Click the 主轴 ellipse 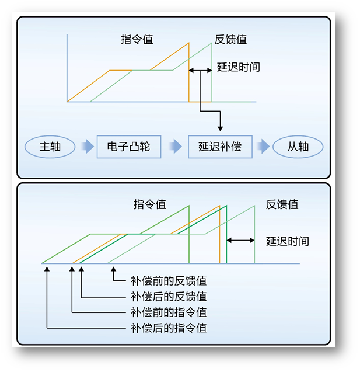[50, 147]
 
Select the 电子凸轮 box [129, 146]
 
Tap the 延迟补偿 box [220, 146]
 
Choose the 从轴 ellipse [298, 147]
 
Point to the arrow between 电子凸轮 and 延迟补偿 [174, 147]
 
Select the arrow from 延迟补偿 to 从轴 [264, 147]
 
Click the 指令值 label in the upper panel [137, 40]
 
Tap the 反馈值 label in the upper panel [230, 40]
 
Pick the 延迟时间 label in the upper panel [238, 67]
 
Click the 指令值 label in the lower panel [150, 204]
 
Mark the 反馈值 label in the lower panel [282, 204]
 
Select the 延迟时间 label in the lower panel [288, 241]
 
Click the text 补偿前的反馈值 [169, 281]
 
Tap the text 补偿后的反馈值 [169, 297]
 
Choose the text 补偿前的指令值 [169, 312]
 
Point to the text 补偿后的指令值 [169, 328]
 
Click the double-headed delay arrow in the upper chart [200, 71]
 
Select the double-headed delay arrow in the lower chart [240, 239]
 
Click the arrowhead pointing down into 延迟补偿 [220, 128]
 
